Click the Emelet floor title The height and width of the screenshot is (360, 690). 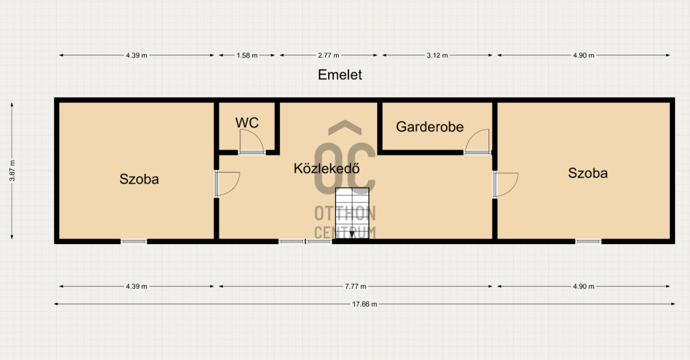coord(340,75)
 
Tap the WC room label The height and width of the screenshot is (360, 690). coord(247,123)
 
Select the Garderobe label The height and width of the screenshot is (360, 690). coord(430,127)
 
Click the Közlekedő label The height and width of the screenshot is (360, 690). coord(327,168)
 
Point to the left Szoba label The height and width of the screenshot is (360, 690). coord(139,179)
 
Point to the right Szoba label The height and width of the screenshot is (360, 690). coord(587,173)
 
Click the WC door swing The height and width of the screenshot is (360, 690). coord(251,142)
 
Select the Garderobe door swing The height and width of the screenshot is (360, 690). coord(478,141)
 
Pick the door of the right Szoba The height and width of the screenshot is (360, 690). coord(506,184)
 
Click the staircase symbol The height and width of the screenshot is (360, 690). coord(352,213)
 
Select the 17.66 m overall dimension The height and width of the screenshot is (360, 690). coord(364,304)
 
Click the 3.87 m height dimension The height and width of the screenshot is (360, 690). coord(12,171)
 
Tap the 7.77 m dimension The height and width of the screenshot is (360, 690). coord(355,286)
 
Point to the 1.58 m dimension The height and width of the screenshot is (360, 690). coord(247,55)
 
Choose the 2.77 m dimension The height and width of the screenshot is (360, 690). coord(329,55)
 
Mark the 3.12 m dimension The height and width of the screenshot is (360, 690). coord(437,55)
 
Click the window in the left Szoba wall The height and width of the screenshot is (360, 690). coord(134,242)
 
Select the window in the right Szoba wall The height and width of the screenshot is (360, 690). coord(589,242)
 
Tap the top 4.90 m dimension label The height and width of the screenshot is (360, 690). coord(584,55)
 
